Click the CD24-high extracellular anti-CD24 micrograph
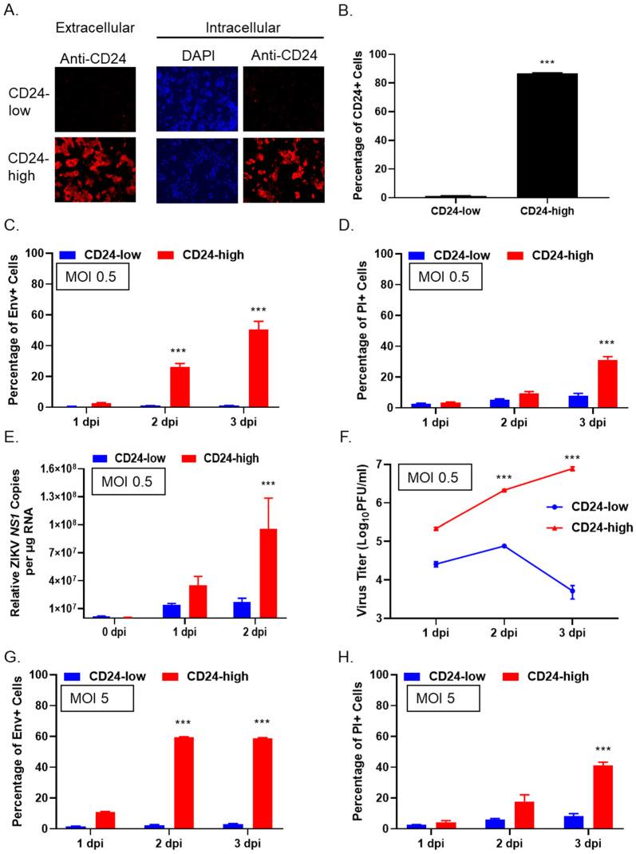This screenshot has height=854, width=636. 95,169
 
